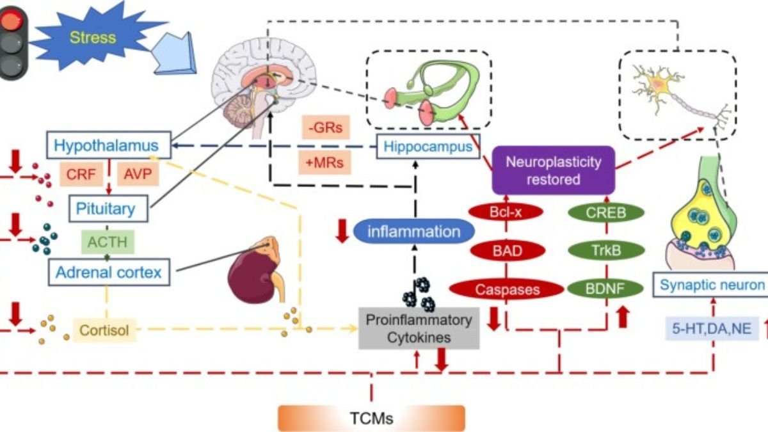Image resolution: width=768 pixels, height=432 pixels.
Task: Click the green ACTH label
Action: pyautogui.click(x=108, y=241)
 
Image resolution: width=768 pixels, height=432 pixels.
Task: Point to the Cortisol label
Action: pyautogui.click(x=104, y=331)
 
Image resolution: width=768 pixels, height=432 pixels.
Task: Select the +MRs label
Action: pyautogui.click(x=324, y=163)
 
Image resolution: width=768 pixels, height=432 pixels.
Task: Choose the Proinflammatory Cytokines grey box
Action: pyautogui.click(x=419, y=328)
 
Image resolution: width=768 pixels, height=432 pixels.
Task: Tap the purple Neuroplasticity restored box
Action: pyautogui.click(x=553, y=170)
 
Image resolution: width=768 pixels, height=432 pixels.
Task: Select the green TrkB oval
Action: pyautogui.click(x=605, y=250)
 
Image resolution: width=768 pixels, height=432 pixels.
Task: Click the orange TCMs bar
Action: pyautogui.click(x=371, y=419)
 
